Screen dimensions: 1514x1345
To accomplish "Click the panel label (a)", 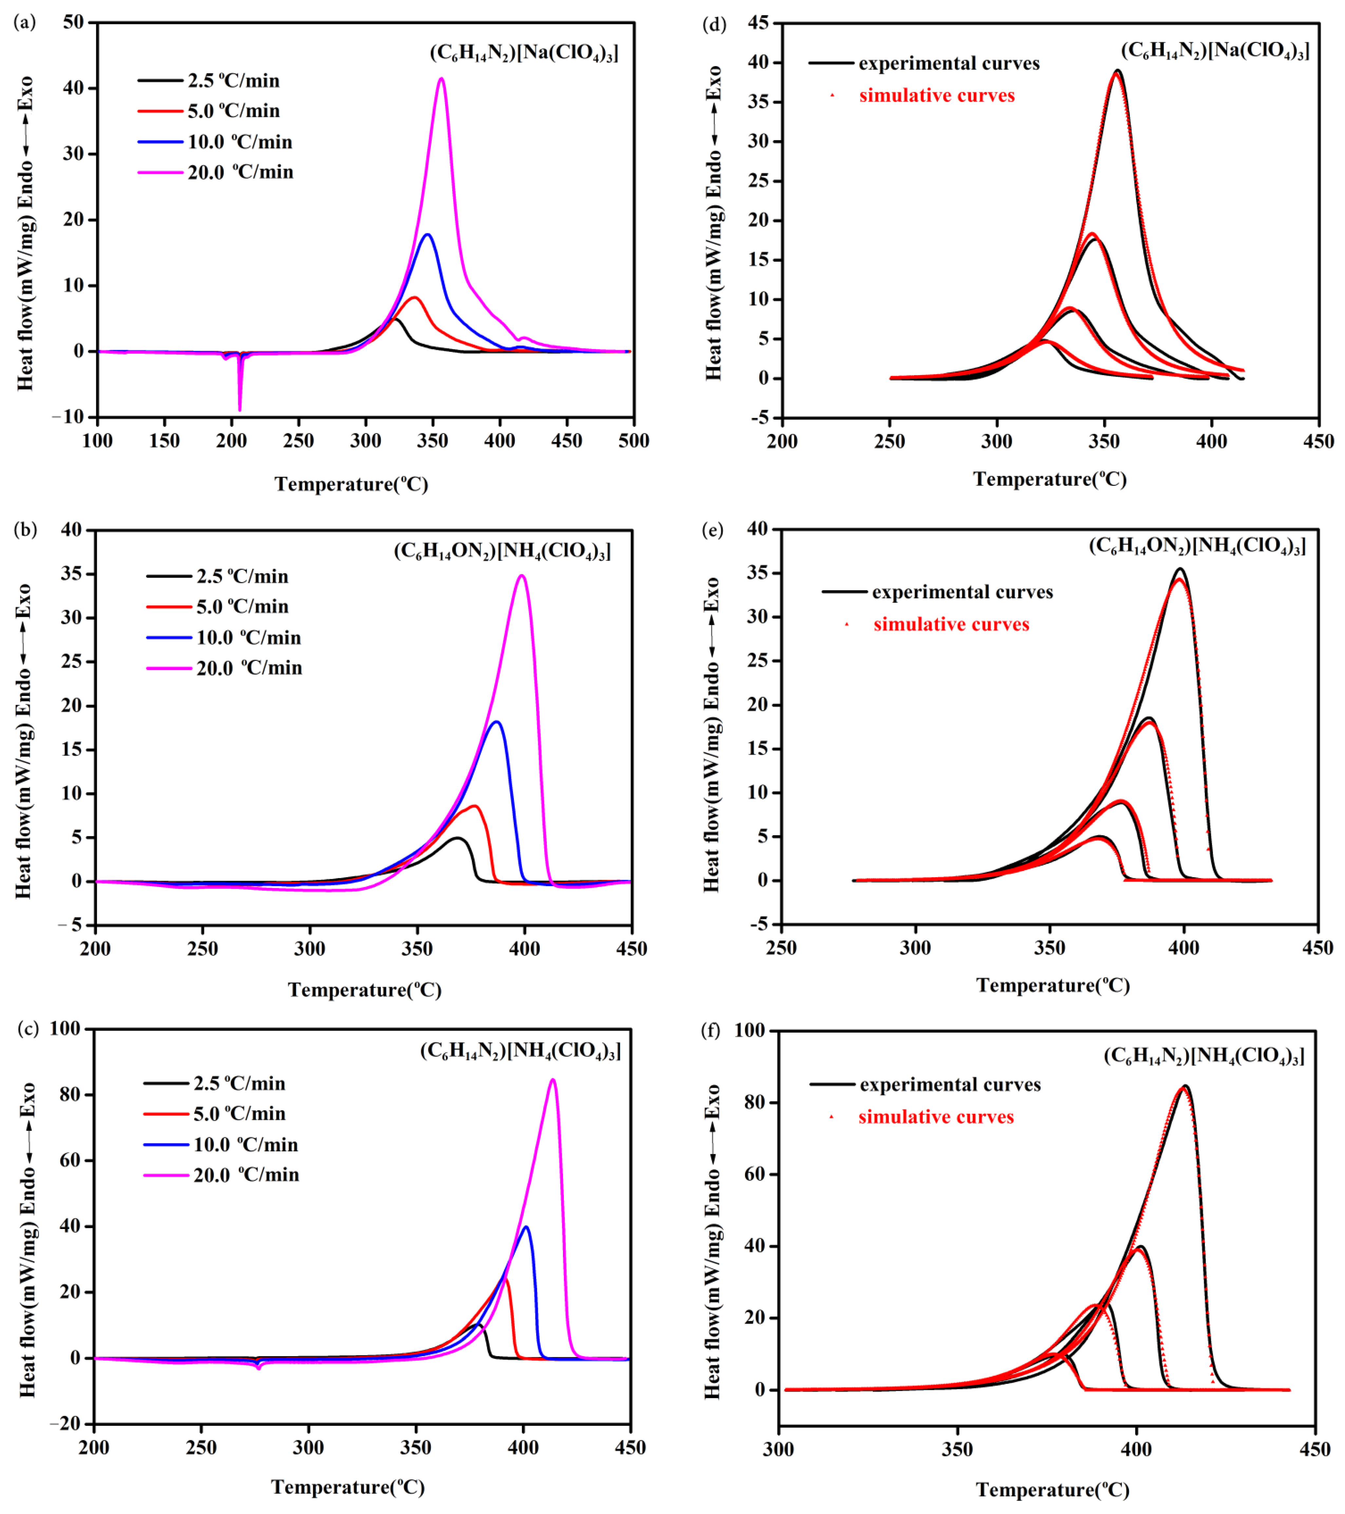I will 25,22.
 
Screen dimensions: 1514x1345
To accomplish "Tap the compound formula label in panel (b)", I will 502,551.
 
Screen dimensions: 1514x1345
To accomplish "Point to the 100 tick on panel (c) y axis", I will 65,1029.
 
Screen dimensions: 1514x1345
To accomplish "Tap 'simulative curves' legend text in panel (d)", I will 937,96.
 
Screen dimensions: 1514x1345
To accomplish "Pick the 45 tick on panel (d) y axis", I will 758,23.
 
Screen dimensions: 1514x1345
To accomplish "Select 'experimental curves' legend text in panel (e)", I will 962,593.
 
